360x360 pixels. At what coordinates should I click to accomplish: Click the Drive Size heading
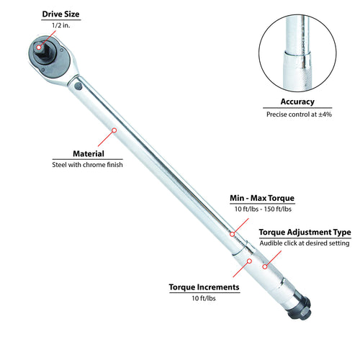click(60, 14)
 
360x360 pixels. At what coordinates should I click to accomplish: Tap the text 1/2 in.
click(61, 25)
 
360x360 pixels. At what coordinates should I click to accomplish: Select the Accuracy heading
click(297, 102)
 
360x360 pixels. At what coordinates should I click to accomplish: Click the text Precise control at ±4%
click(299, 114)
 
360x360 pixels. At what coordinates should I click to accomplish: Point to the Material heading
click(89, 153)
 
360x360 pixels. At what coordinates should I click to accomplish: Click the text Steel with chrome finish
click(87, 165)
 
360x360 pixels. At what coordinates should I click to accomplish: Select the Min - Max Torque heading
click(262, 198)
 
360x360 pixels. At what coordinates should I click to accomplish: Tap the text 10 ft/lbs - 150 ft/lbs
click(263, 209)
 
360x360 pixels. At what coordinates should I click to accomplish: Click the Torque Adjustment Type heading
click(305, 233)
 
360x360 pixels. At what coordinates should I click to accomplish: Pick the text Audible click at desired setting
click(305, 243)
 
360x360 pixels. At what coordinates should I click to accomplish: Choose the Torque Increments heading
click(204, 287)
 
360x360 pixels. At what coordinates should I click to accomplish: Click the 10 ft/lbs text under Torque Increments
click(204, 298)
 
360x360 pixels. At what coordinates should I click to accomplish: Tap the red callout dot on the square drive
click(39, 48)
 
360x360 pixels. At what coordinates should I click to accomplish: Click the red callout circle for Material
click(114, 130)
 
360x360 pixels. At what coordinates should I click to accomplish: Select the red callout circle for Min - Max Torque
click(232, 234)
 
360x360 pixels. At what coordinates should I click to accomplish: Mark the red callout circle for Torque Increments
click(249, 261)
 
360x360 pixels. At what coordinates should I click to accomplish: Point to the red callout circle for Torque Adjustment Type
click(265, 266)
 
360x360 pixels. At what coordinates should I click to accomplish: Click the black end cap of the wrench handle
click(300, 309)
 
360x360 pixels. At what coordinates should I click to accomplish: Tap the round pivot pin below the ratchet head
click(78, 86)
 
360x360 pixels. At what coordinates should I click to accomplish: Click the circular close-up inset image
click(297, 53)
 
